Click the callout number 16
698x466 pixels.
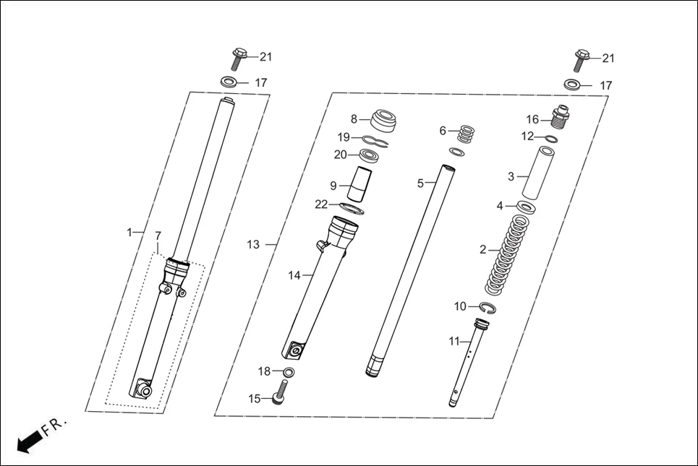click(x=532, y=119)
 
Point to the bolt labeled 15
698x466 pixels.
click(x=279, y=397)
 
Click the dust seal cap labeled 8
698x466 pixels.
click(x=384, y=120)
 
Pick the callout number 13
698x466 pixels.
click(x=253, y=245)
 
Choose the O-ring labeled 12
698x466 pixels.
click(x=551, y=138)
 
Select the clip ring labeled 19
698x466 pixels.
click(x=375, y=139)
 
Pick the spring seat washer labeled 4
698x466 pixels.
click(x=526, y=207)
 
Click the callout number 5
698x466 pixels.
click(x=420, y=184)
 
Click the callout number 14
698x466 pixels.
click(x=294, y=275)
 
